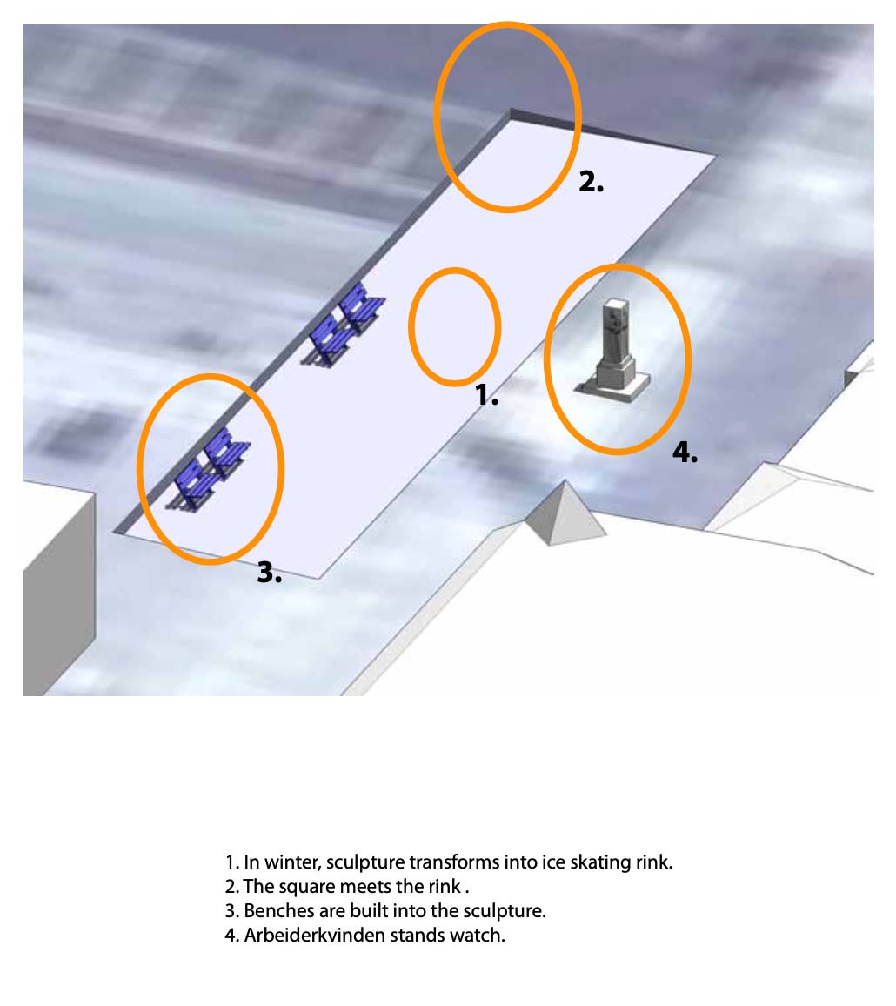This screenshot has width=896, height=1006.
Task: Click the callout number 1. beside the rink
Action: [x=487, y=394]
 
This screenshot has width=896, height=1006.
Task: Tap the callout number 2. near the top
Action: [x=591, y=182]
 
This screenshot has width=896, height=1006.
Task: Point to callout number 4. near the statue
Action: [x=685, y=453]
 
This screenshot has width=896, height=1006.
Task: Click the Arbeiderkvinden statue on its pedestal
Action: [x=614, y=350]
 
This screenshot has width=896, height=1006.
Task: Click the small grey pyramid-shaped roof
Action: [x=565, y=513]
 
